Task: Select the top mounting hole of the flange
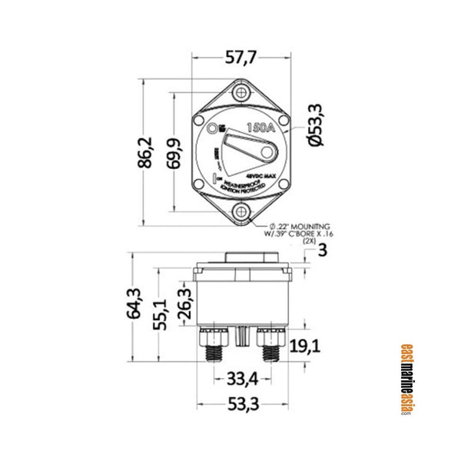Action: pyautogui.click(x=243, y=93)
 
